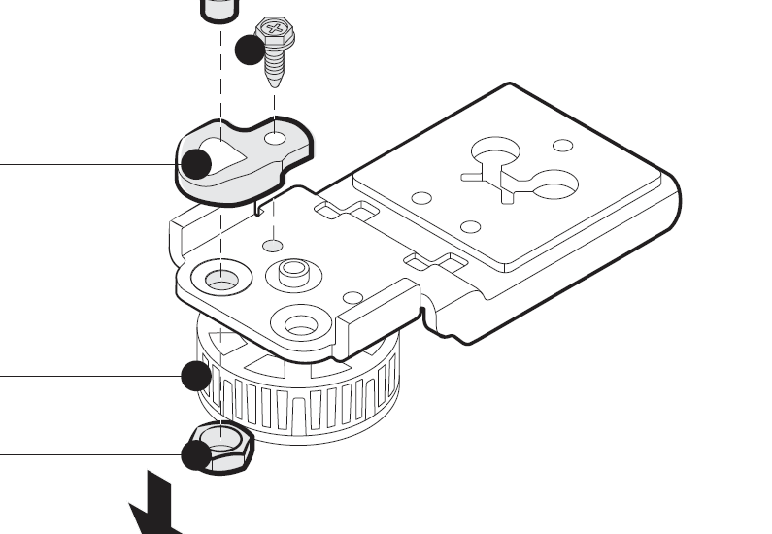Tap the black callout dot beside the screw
pyautogui.click(x=251, y=50)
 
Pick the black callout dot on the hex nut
pyautogui.click(x=197, y=454)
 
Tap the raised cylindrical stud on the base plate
pyautogui.click(x=292, y=273)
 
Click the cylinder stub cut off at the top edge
pyautogui.click(x=218, y=9)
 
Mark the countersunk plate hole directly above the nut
pyautogui.click(x=221, y=280)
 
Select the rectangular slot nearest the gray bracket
pyautogui.click(x=345, y=210)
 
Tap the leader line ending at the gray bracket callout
pyautogui.click(x=87, y=163)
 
